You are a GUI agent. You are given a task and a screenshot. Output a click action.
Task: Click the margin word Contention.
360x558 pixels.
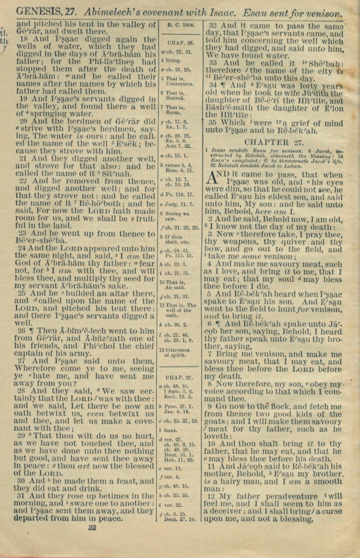180,84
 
